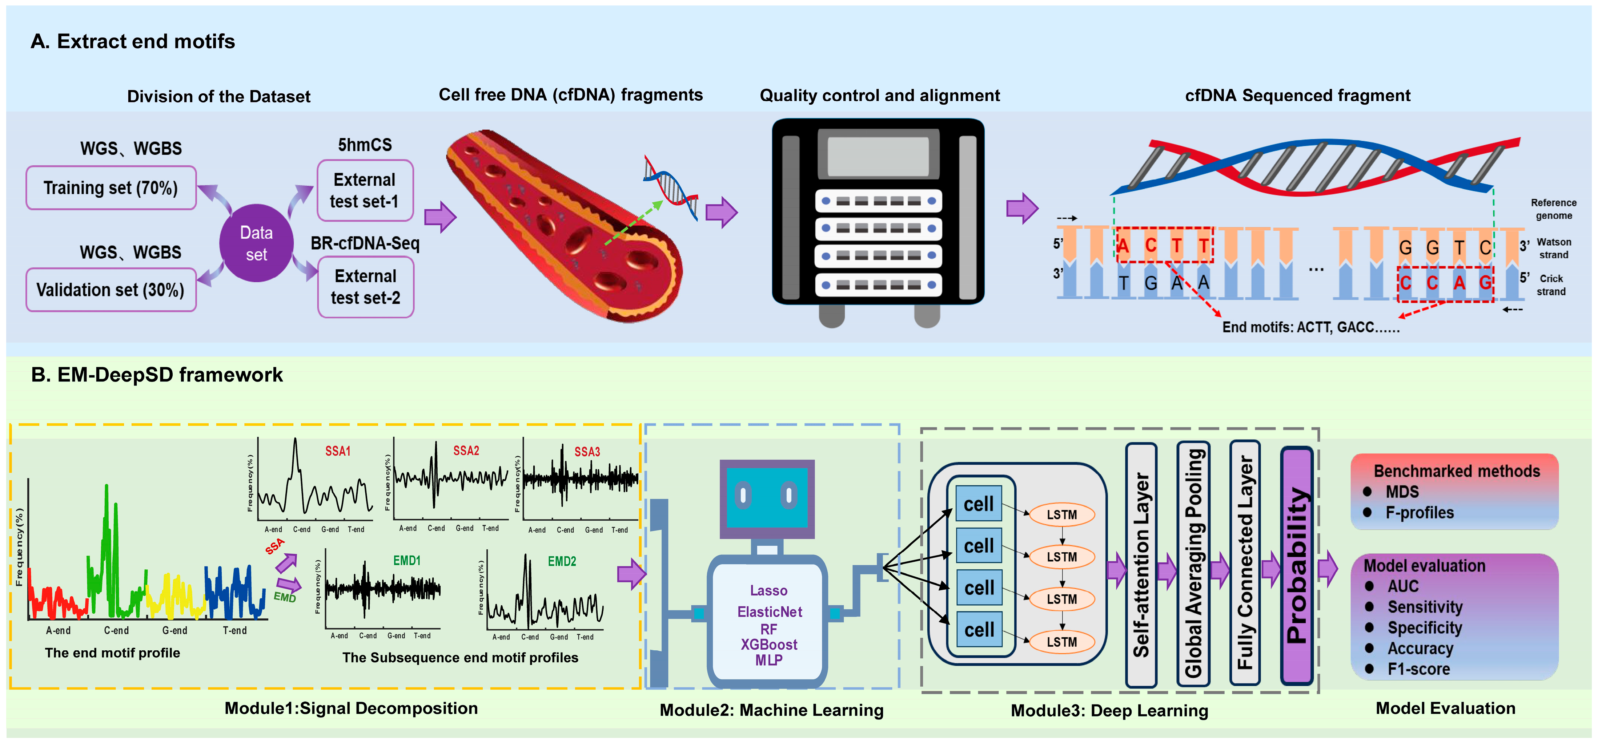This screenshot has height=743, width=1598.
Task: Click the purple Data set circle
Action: pyautogui.click(x=256, y=243)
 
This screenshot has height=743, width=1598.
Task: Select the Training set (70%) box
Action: pyautogui.click(x=111, y=188)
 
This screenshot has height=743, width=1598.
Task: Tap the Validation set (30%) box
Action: pyautogui.click(x=111, y=290)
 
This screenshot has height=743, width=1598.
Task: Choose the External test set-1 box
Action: pyautogui.click(x=365, y=190)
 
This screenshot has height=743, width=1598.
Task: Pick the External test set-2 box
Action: pyautogui.click(x=365, y=287)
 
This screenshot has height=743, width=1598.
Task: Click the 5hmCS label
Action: pyautogui.click(x=365, y=145)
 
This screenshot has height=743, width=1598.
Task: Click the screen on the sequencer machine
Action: pyautogui.click(x=878, y=155)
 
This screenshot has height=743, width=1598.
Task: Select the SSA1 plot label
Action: pyautogui.click(x=338, y=451)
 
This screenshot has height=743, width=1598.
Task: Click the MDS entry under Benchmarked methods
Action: pyautogui.click(x=1402, y=492)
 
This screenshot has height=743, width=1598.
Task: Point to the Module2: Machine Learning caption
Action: pyautogui.click(x=771, y=710)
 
